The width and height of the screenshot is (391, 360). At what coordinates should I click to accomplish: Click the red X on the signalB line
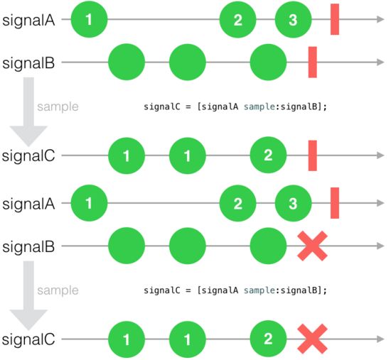tap(313, 246)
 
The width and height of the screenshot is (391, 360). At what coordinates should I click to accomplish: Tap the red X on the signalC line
tap(313, 339)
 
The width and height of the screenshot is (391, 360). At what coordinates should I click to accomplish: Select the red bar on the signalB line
tap(313, 62)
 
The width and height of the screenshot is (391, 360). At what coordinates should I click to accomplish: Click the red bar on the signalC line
tap(313, 156)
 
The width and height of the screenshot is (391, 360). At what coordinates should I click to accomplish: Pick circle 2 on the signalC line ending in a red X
tap(268, 339)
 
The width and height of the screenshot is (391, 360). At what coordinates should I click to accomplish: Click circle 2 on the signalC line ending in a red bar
tap(268, 156)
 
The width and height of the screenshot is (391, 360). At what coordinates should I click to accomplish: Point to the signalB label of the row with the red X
tap(28, 246)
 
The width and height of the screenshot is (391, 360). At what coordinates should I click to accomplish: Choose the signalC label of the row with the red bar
tap(28, 156)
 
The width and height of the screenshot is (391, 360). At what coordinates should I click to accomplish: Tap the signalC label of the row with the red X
tap(28, 339)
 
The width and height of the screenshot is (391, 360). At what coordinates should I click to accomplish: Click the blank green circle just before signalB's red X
tap(268, 246)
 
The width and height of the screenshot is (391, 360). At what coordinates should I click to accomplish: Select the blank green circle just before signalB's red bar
tap(268, 62)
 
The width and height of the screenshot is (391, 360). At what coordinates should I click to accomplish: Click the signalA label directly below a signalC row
tap(28, 204)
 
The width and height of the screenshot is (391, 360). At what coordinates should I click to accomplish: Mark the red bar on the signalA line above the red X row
tap(335, 203)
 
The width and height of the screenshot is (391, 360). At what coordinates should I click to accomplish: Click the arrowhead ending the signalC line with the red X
tap(380, 339)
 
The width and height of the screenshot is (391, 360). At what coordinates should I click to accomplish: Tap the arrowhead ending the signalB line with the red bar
tap(380, 62)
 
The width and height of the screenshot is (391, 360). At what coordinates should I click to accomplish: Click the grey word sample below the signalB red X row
tap(58, 290)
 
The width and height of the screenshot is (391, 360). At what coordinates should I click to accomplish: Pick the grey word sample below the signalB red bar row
tap(58, 107)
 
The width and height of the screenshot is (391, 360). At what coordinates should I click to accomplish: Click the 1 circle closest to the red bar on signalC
tap(188, 156)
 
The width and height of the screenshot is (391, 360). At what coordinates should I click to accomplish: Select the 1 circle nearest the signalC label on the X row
tap(127, 339)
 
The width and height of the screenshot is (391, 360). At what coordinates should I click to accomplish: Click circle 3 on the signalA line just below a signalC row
tap(293, 203)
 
